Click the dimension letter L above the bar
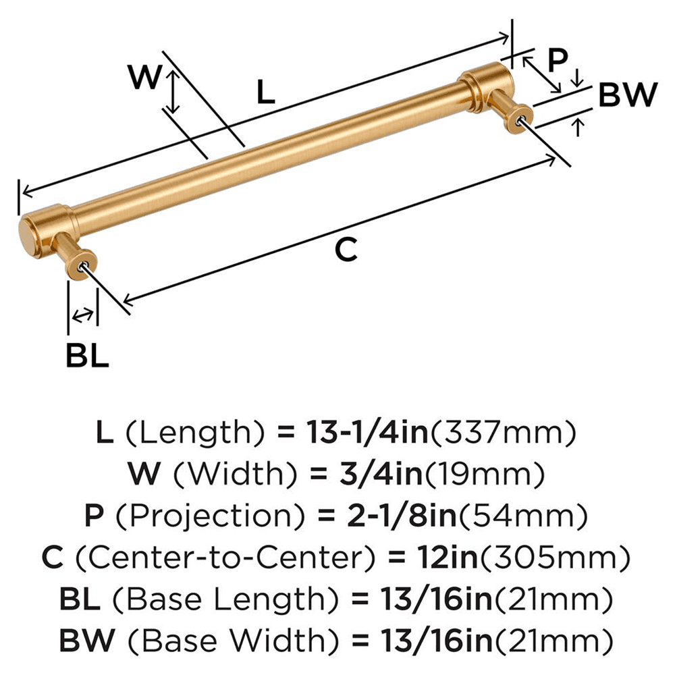(x=267, y=91)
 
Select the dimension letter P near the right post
(x=558, y=60)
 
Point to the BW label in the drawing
(x=627, y=96)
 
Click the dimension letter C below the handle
(x=346, y=250)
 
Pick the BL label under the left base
(x=87, y=356)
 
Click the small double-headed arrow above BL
(x=83, y=315)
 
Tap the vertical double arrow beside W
(x=174, y=92)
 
